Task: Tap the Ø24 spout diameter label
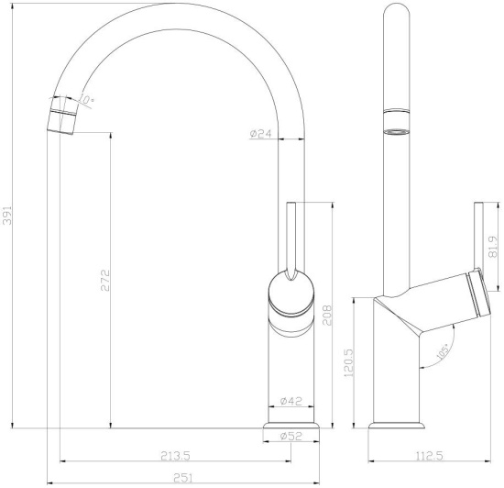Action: [261, 134]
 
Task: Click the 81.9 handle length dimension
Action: [494, 246]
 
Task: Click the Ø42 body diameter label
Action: [290, 401]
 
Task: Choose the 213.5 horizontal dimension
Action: [173, 455]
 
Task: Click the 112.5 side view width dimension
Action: [423, 455]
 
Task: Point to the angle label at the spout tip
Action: [88, 99]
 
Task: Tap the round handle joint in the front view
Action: [290, 296]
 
